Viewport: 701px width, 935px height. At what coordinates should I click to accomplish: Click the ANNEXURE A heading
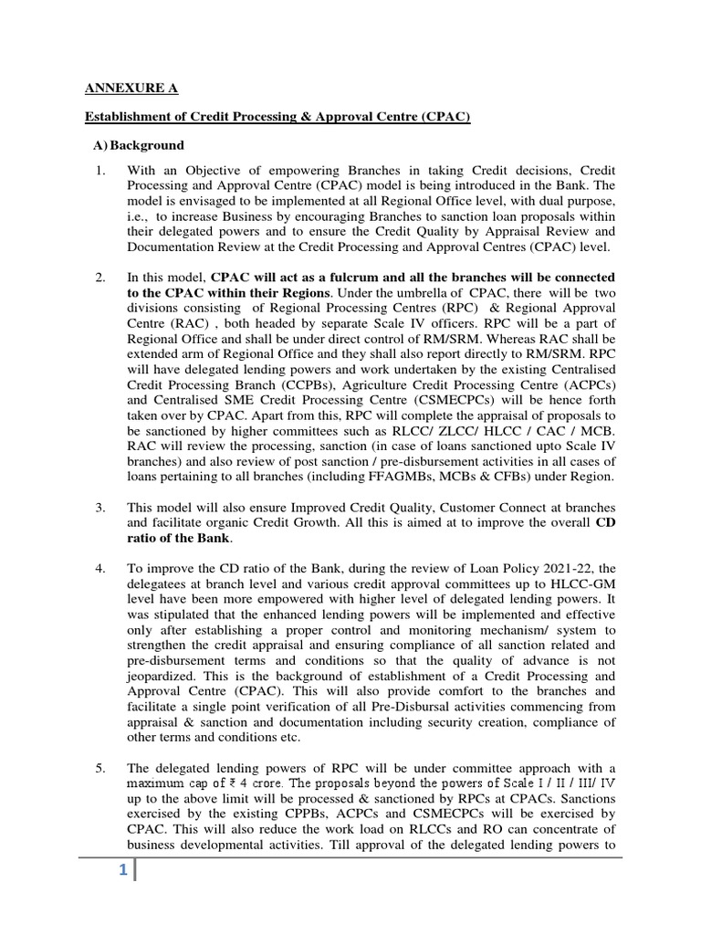[131, 89]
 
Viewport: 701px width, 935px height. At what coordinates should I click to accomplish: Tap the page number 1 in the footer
[120, 872]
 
